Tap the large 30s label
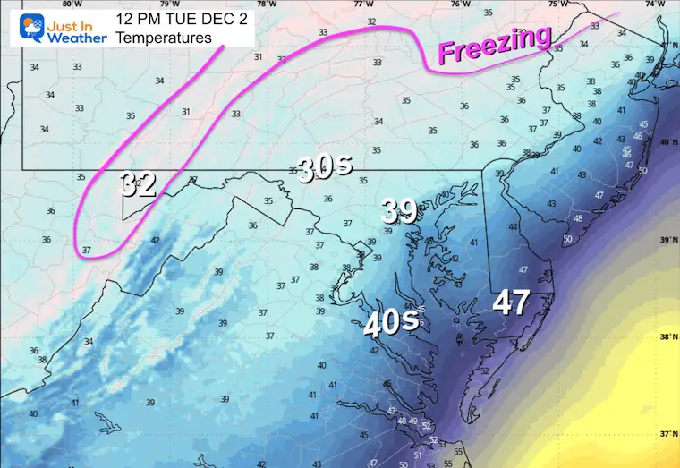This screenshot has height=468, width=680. (x=324, y=168)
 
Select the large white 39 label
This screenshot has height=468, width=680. (x=399, y=210)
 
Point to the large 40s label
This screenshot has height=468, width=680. (x=391, y=320)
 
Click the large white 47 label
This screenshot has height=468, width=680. (x=512, y=302)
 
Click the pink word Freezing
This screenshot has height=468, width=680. (x=494, y=45)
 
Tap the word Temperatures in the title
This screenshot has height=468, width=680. (x=165, y=38)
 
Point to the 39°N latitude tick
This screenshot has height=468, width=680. (x=667, y=240)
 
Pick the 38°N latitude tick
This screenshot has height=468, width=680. (x=667, y=337)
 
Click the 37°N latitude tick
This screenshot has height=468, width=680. (x=667, y=434)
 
